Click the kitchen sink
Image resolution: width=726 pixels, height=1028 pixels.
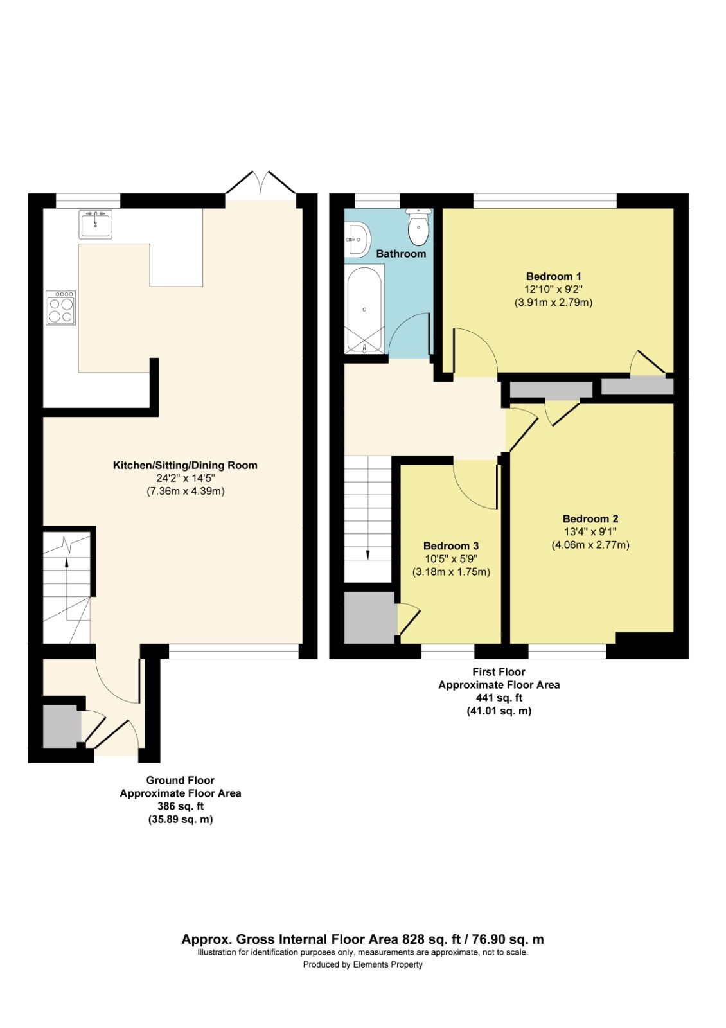tap(95, 224)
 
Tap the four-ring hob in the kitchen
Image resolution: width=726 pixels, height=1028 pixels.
tap(61, 308)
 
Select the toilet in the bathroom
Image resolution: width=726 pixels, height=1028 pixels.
tap(418, 227)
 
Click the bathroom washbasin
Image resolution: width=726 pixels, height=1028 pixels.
tap(357, 239)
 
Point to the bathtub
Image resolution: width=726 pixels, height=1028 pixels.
tap(364, 310)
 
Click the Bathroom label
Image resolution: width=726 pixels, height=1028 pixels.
tap(401, 254)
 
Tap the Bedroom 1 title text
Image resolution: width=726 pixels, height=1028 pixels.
tap(553, 276)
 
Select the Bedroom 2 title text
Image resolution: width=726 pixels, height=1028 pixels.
tap(590, 518)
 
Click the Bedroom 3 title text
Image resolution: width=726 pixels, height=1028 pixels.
tap(450, 545)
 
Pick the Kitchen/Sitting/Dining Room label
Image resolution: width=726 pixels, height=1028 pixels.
tap(185, 465)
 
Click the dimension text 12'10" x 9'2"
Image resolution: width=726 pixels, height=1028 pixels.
tap(553, 289)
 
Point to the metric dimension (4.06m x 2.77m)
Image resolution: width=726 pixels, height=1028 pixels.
tap(590, 545)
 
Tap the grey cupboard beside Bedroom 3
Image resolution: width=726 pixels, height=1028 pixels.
tap(369, 617)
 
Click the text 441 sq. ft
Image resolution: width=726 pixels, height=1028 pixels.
tap(499, 698)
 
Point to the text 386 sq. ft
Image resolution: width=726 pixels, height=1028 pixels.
tap(181, 806)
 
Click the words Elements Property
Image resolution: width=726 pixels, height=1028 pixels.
tap(387, 964)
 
